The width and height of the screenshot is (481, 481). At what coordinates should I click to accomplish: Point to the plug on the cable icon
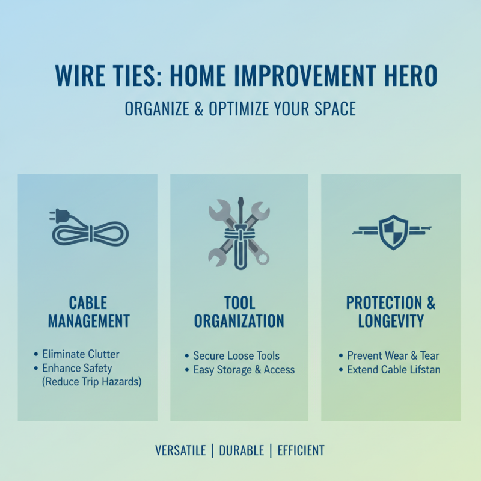(56, 215)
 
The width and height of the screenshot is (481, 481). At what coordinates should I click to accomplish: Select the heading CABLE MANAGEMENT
(89, 312)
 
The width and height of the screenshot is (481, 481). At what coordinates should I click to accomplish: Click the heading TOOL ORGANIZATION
(239, 312)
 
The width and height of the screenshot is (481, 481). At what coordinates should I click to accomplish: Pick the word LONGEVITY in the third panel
(391, 321)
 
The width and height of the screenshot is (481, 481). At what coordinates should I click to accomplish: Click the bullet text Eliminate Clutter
(81, 355)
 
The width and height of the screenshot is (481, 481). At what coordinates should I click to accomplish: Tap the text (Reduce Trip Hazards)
(92, 382)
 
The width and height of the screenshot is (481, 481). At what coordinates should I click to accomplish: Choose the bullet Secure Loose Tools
(236, 356)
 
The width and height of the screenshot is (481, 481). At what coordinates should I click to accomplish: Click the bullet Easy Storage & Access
(244, 370)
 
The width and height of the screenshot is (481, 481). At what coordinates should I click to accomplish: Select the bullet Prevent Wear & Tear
(393, 356)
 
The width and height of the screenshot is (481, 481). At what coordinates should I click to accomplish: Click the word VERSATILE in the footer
(179, 450)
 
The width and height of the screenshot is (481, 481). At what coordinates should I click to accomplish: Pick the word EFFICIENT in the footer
(301, 450)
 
